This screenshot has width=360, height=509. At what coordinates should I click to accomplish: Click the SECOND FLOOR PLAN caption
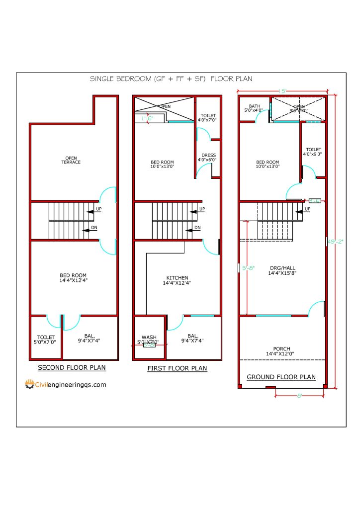(72, 368)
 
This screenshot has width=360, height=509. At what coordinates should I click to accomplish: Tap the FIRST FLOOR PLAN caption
(177, 368)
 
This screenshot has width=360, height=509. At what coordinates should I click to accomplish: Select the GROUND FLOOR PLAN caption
(281, 377)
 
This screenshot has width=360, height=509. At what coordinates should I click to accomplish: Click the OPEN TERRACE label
(71, 160)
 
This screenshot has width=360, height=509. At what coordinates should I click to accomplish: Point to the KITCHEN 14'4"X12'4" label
(177, 280)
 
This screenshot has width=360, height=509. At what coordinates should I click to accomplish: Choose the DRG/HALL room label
(282, 270)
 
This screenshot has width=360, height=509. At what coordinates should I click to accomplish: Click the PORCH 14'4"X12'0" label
(281, 351)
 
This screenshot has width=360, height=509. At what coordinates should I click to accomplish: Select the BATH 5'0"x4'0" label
(255, 108)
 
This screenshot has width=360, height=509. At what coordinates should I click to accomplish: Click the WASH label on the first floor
(149, 339)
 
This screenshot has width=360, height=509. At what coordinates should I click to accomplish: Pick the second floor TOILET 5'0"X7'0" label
(46, 339)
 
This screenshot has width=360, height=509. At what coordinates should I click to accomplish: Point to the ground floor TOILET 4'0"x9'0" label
(313, 152)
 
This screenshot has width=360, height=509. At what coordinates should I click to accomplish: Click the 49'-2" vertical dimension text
(332, 242)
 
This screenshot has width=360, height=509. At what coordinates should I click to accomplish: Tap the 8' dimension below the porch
(299, 396)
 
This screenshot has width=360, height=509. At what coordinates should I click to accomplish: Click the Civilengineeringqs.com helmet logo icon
(30, 384)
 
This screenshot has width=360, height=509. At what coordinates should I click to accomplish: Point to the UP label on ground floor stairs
(307, 209)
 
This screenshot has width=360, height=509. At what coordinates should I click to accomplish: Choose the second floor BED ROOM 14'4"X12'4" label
(73, 278)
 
